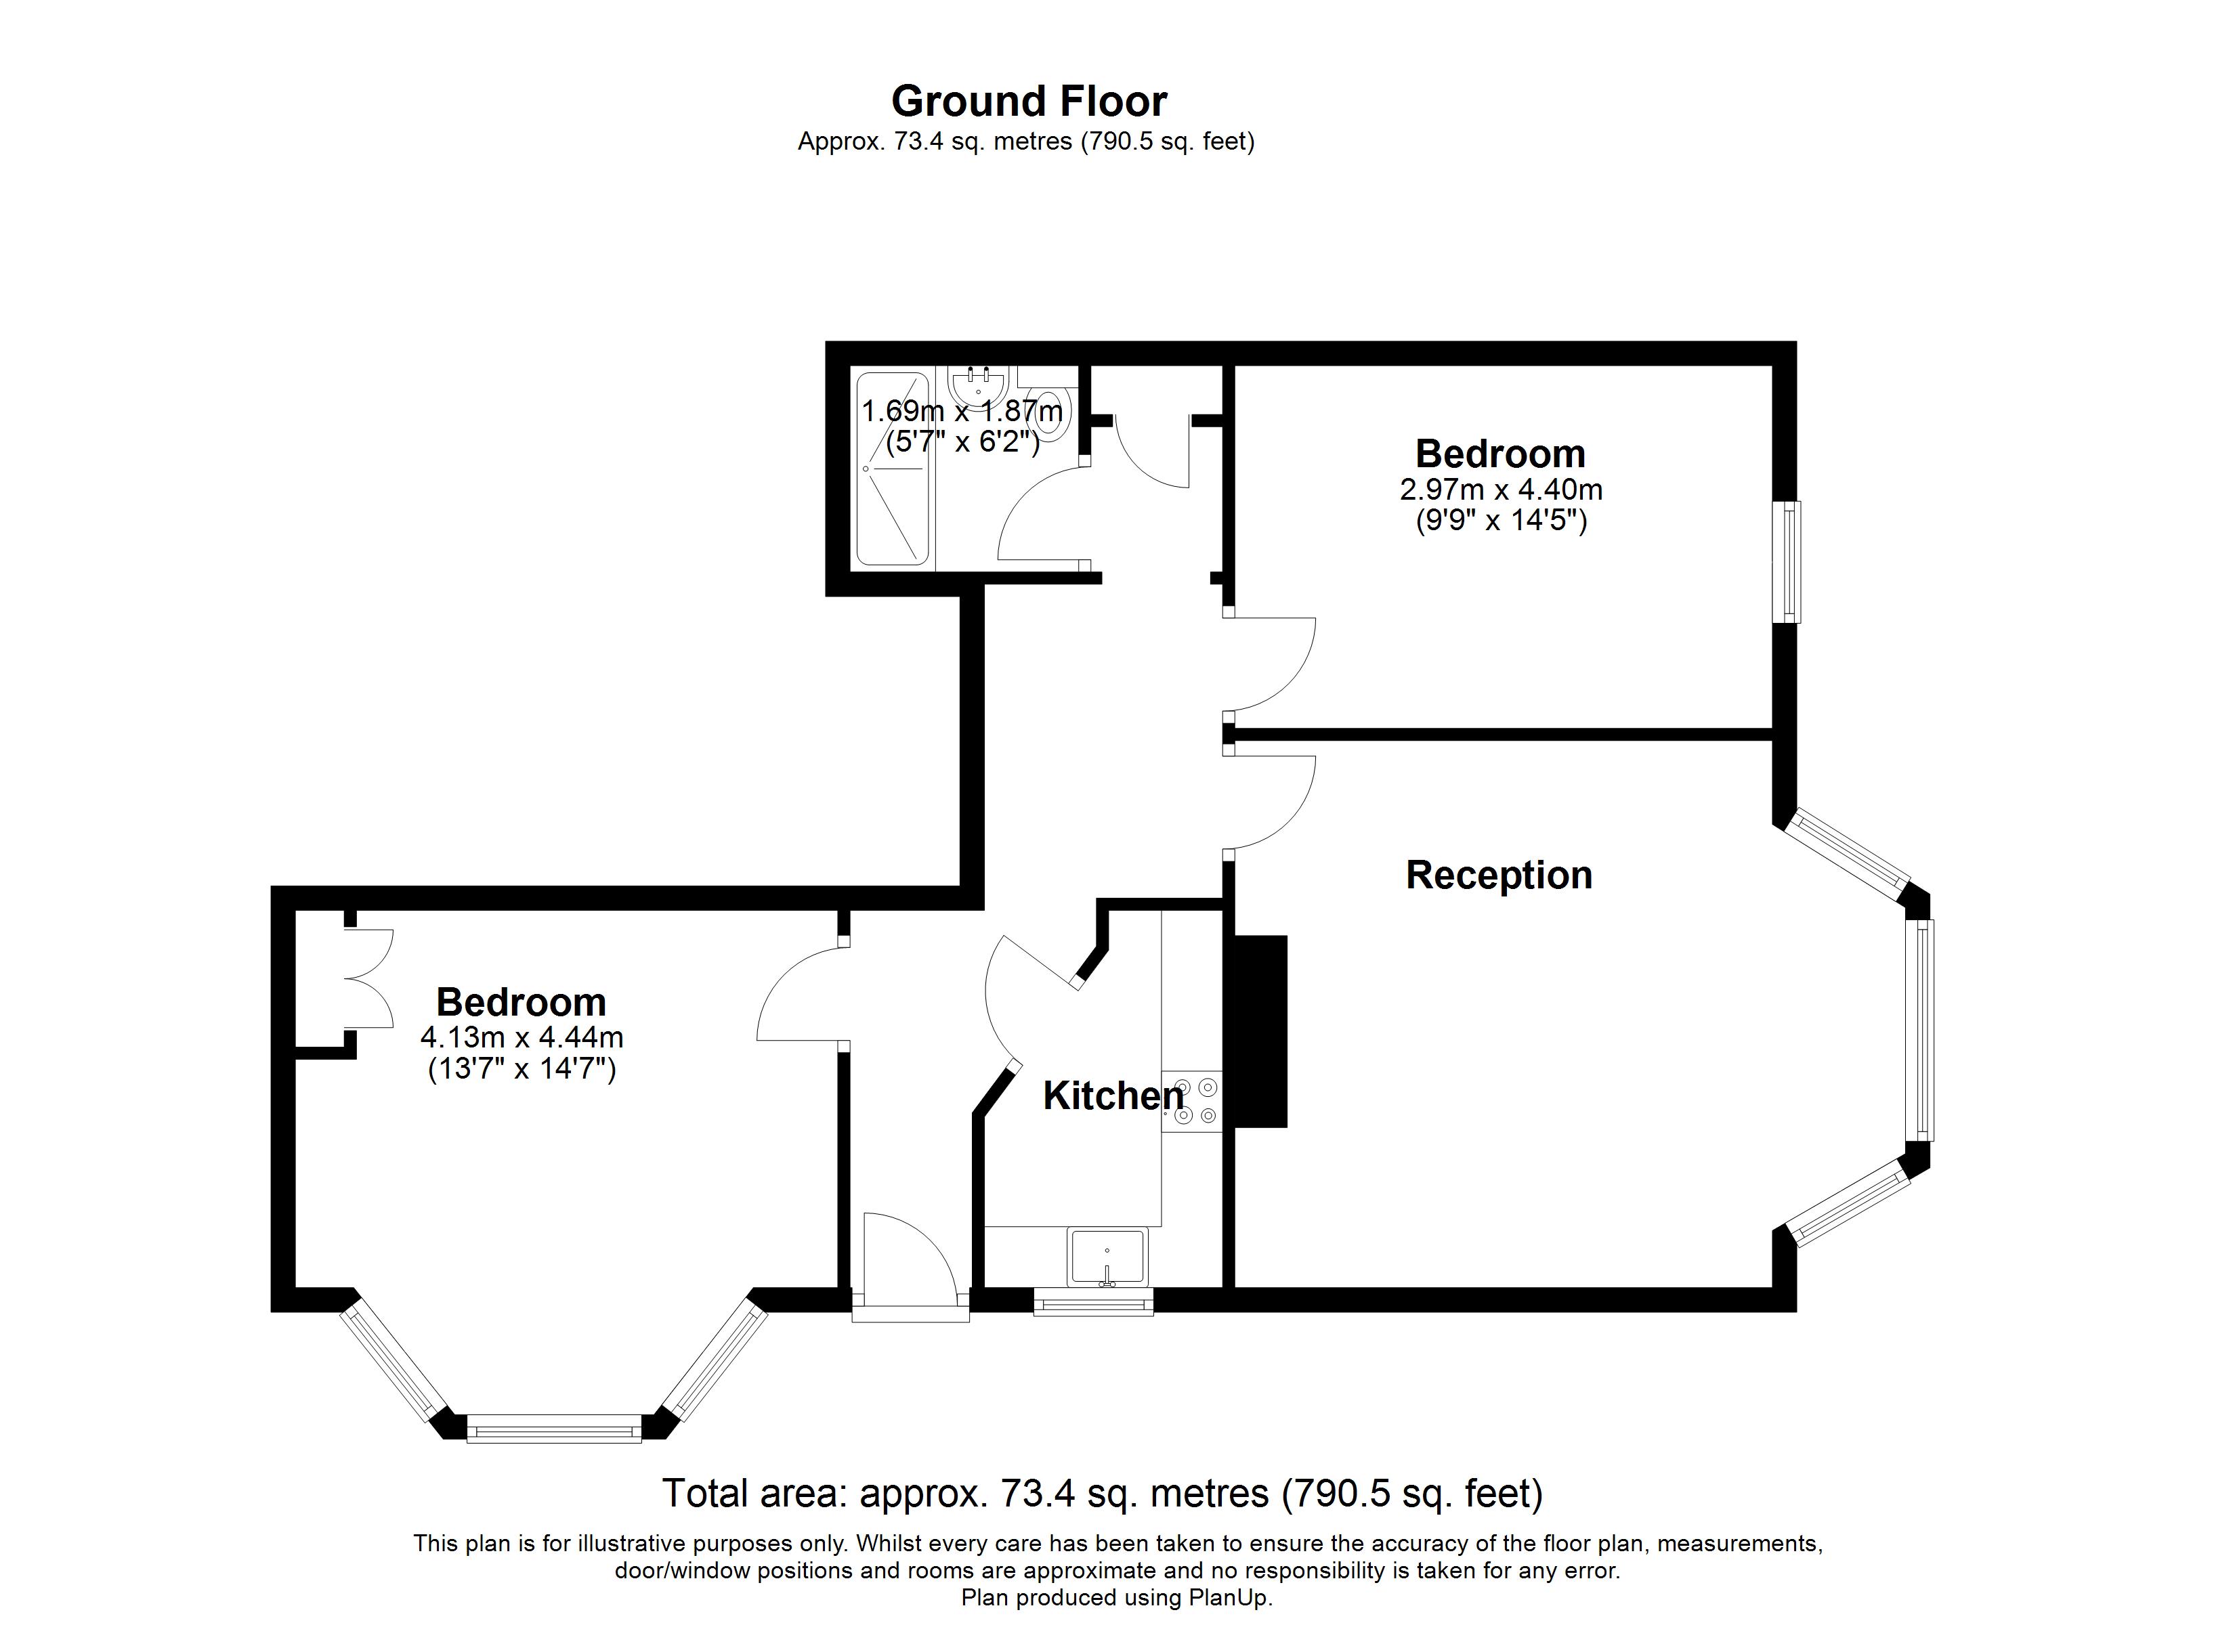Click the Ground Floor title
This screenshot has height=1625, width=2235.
point(1029,102)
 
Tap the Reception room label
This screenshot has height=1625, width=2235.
point(1499,875)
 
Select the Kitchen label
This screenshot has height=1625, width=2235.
point(1113,1096)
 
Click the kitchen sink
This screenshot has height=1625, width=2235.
point(1107,1257)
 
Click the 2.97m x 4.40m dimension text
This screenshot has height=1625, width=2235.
point(1501,490)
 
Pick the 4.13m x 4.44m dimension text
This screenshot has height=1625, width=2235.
point(521,1038)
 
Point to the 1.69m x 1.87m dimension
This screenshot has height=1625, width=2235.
point(962,411)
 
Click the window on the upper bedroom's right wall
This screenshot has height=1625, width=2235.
point(1787,562)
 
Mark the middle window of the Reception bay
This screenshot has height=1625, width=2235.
point(1919,1030)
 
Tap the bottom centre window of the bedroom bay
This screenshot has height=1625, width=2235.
point(554,1428)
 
